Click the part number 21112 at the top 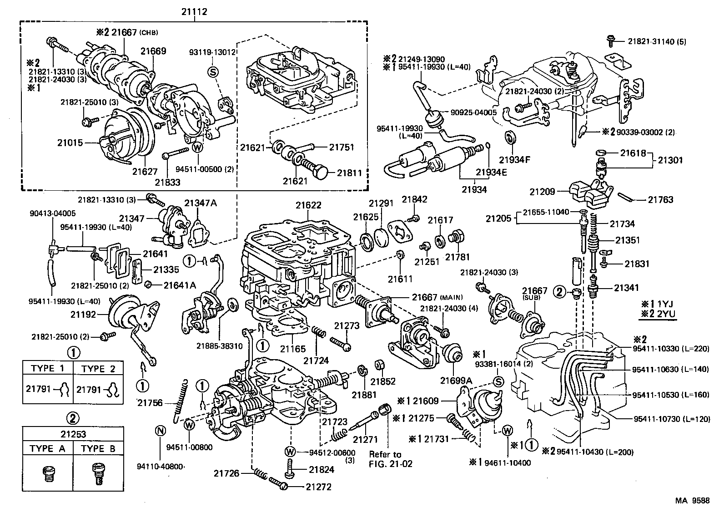click(x=194, y=12)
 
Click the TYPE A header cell click(x=47, y=448)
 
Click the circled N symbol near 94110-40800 click(x=160, y=430)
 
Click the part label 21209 click(x=543, y=192)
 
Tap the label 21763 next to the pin click(x=660, y=199)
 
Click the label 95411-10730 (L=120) click(x=671, y=419)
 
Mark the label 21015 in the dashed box click(x=70, y=143)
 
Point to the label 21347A click(x=201, y=203)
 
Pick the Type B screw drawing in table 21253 click(x=98, y=474)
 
